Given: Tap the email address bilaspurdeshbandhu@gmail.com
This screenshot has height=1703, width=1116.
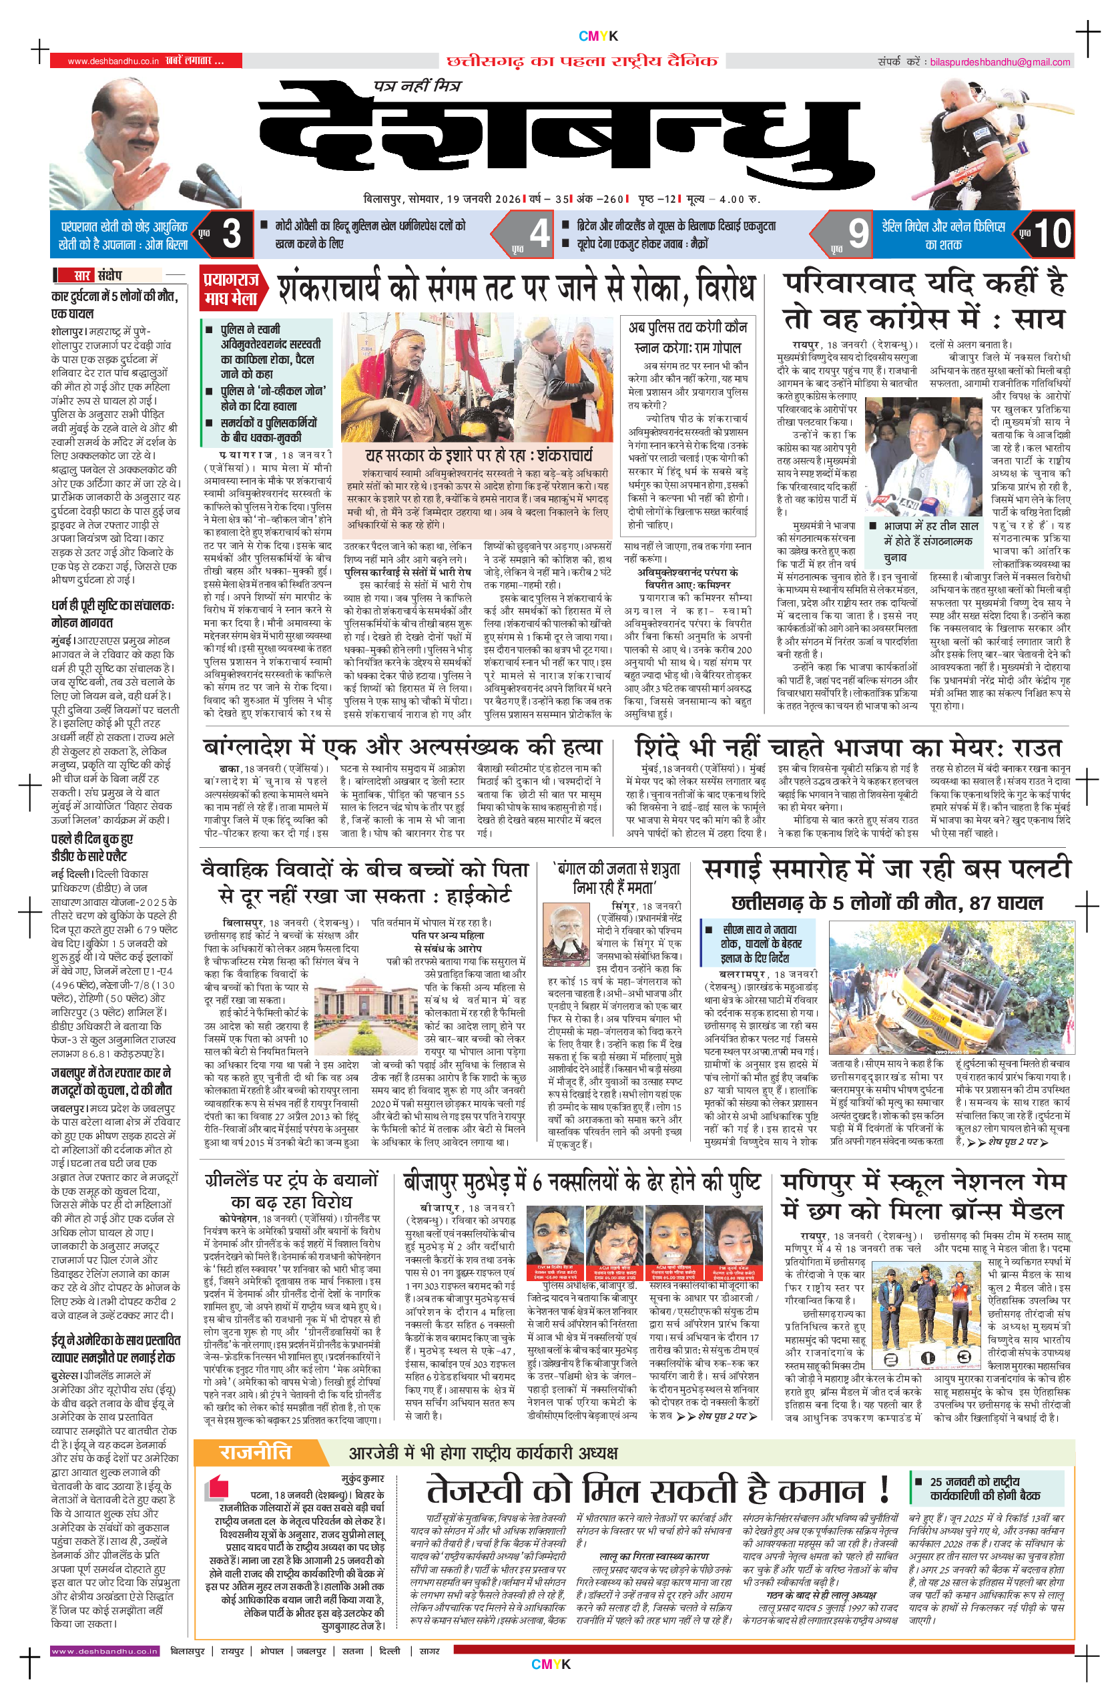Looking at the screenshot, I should [999, 62].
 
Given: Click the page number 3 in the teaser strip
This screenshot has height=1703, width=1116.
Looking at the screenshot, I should [231, 234].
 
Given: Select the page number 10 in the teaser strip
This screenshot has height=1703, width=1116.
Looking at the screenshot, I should [1052, 234].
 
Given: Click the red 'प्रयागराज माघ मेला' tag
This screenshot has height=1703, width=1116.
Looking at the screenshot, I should [230, 289].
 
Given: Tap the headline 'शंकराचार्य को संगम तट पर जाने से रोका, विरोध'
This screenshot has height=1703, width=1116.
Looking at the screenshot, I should [515, 288].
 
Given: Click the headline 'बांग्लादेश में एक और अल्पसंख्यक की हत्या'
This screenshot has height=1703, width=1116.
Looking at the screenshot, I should [402, 747].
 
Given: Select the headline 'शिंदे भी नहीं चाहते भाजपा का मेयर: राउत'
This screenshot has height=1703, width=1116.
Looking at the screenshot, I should [848, 748].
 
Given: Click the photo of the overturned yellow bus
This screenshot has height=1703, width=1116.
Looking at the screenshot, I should [950, 988].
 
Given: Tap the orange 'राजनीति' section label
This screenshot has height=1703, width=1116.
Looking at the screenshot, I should [256, 1452].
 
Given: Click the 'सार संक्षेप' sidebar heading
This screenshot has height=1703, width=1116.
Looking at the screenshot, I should [99, 276].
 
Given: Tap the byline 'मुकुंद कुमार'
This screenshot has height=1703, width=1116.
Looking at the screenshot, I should [362, 1478].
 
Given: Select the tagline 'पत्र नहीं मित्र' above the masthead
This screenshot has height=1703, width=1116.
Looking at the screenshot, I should [418, 87].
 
